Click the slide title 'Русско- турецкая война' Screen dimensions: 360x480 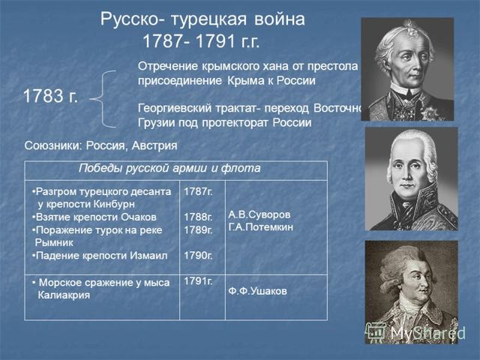click(x=202, y=19)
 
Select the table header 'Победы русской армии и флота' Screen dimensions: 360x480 click(x=169, y=169)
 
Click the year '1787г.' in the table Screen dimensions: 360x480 click(x=198, y=192)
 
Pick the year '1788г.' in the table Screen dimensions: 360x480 click(x=198, y=217)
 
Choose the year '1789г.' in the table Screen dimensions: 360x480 click(x=198, y=230)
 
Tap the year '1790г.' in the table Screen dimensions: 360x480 click(x=198, y=256)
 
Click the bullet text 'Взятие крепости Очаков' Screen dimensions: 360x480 click(x=96, y=217)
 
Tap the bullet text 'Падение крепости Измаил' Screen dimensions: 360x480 click(x=100, y=256)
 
